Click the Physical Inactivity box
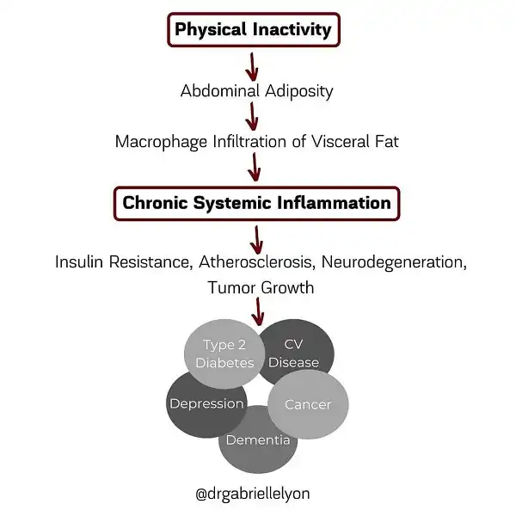tap(254, 29)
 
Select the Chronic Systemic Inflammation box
tap(257, 203)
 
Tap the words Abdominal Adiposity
tap(256, 91)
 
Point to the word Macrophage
tap(162, 142)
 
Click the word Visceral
tap(341, 142)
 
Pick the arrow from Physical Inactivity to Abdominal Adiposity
tap(252, 67)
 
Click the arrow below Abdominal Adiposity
tap(252, 116)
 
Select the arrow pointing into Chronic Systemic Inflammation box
tap(255, 167)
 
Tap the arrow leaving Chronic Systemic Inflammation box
tap(256, 240)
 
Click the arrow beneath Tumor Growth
tap(258, 311)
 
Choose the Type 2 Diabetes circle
tap(224, 354)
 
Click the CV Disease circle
tap(298, 349)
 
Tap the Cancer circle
tap(308, 404)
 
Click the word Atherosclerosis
tap(255, 262)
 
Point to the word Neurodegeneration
tap(394, 262)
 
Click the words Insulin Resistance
tap(124, 262)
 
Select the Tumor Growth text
tap(261, 287)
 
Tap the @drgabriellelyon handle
tap(253, 494)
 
